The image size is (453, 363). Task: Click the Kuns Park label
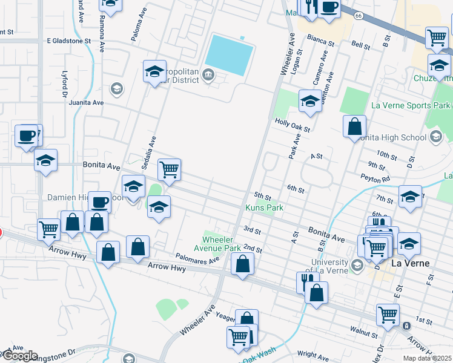pos(264,208)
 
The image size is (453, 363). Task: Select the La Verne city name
pos(410,263)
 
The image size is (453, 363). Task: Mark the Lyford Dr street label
pos(64,83)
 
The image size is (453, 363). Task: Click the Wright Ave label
pos(312,354)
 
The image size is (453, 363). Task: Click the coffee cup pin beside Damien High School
pos(99,201)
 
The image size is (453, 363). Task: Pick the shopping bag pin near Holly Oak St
pos(354,126)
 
